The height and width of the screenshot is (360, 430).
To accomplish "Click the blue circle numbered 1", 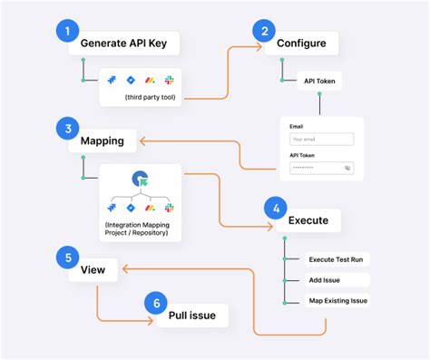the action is point(65,32).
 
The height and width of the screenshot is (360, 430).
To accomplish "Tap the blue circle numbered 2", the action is point(263,32).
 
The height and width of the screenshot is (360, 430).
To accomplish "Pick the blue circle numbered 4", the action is point(275,208).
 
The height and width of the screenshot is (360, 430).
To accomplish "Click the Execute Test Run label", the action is point(337,259).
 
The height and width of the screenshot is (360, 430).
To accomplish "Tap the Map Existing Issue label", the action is point(337,300).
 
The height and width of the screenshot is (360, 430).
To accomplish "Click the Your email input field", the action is point(322,140).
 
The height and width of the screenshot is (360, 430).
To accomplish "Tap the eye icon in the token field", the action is point(347,168).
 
